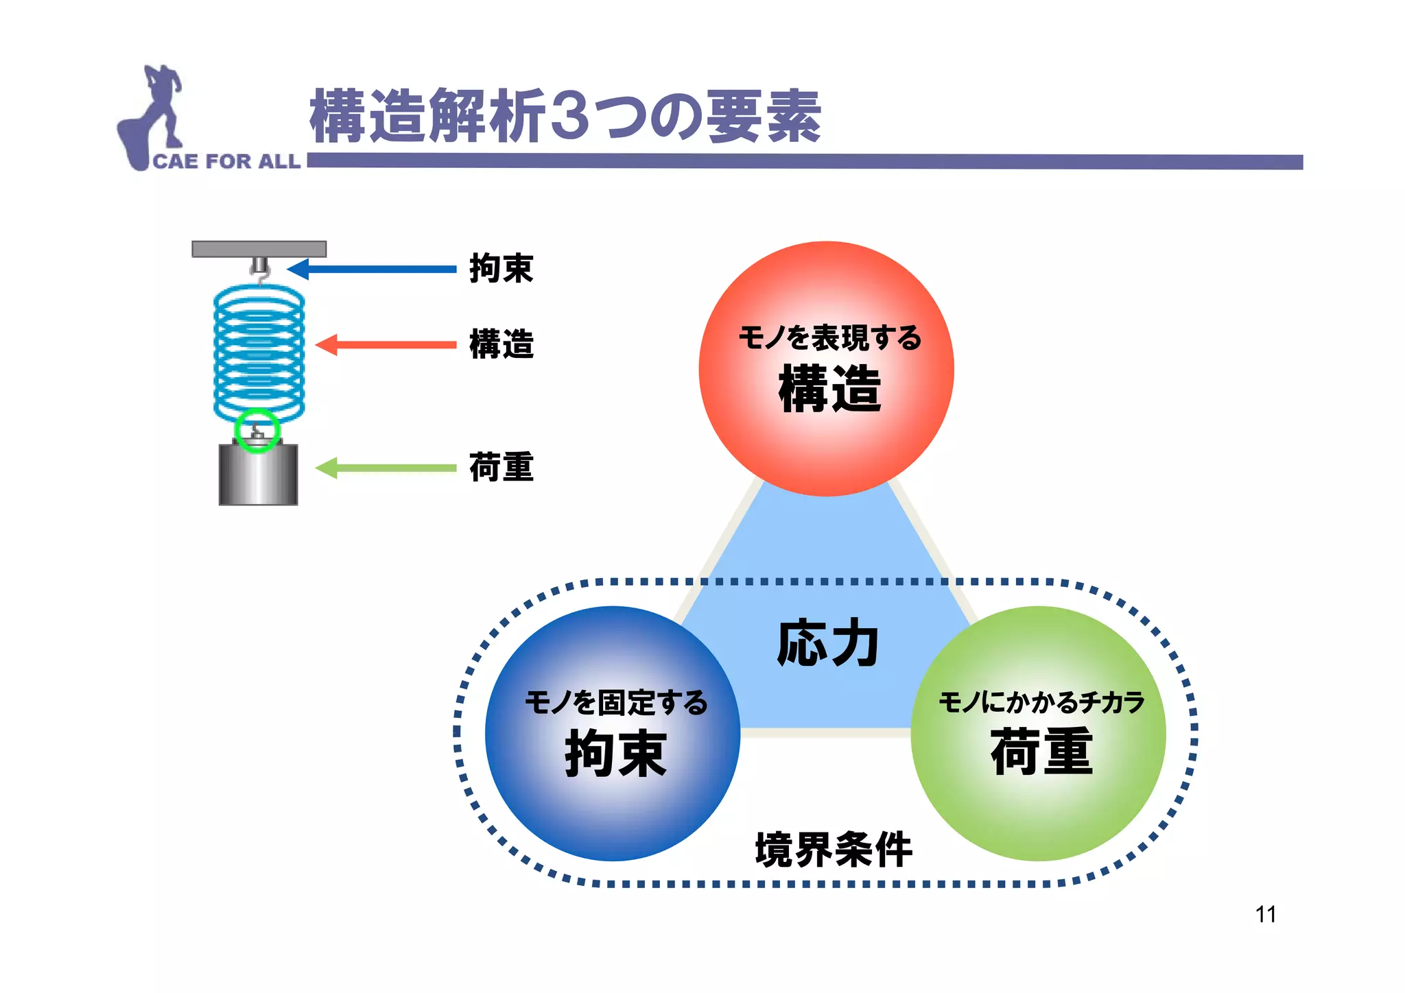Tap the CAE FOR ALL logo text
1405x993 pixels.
[x=226, y=161]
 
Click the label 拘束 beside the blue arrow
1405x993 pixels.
[x=501, y=268]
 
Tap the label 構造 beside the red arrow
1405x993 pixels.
[x=501, y=344]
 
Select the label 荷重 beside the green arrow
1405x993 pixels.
[x=501, y=467]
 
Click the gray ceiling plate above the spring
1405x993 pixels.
[x=259, y=248]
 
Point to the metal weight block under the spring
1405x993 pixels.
[x=258, y=475]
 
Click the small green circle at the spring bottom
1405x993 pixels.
[x=257, y=430]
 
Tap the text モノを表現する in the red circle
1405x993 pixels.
[x=829, y=337]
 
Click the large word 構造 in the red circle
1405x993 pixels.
[x=829, y=389]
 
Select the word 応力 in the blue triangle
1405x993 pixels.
[x=828, y=643]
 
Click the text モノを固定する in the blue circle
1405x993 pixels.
[x=615, y=703]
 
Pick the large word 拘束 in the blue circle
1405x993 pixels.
[x=615, y=753]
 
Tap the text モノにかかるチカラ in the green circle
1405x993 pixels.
[x=1041, y=702]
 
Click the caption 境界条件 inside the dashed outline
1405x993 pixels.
[x=833, y=850]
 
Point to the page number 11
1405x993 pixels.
[x=1265, y=914]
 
